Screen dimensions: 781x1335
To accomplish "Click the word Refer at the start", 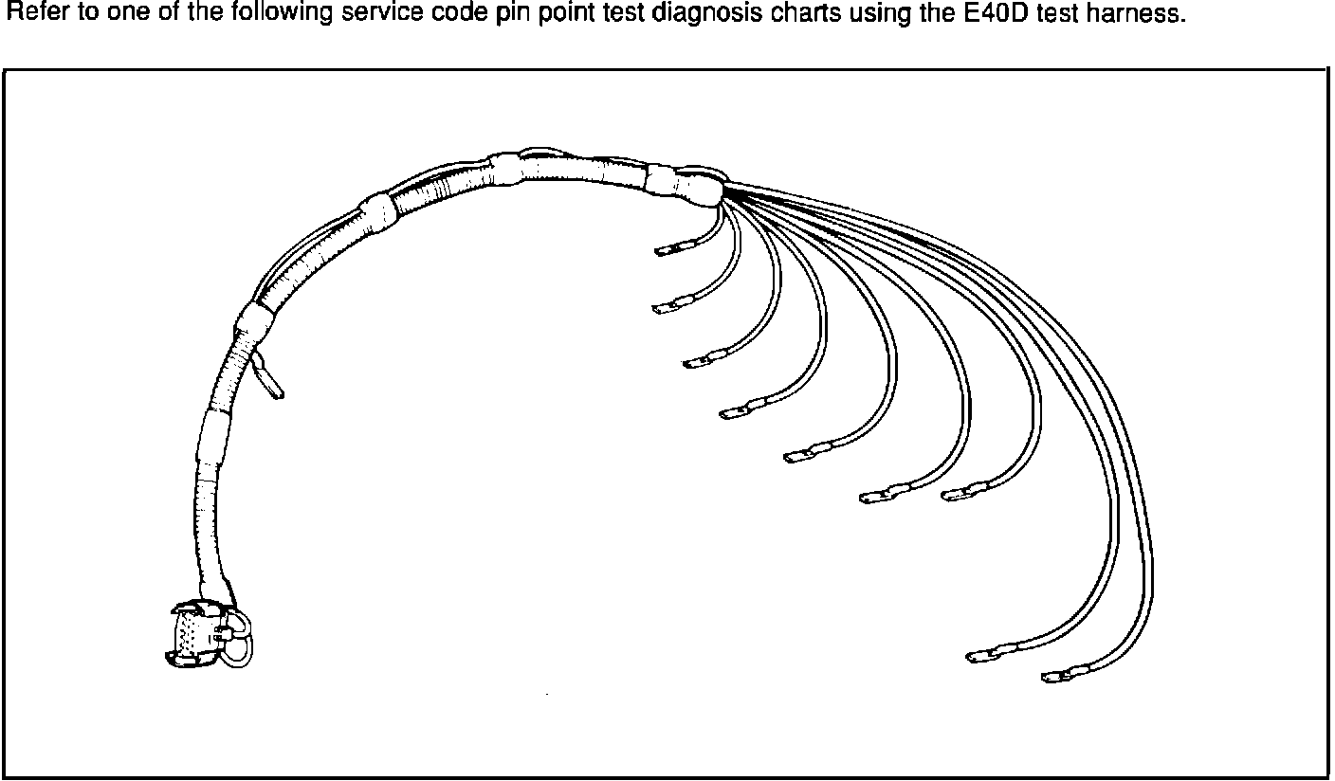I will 28,16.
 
